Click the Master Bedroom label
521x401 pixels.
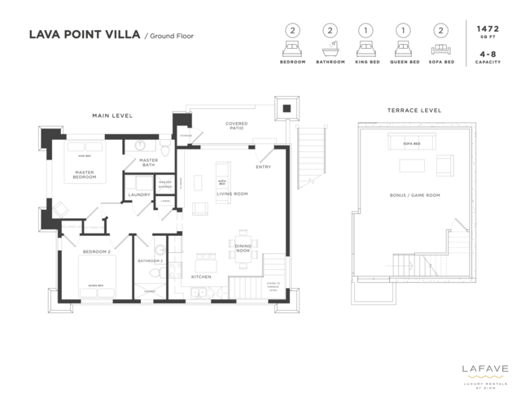85,174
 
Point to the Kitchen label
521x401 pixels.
202,277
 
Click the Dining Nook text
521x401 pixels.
243,248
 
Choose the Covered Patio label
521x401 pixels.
237,126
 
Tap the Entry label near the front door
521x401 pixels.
263,167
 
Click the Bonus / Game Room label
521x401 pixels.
415,195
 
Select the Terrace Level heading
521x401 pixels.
414,110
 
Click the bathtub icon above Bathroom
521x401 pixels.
331,47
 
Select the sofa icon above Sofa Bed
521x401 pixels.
440,47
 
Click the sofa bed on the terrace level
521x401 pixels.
412,143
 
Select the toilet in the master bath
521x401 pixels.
164,149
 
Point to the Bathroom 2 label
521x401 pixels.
151,261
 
